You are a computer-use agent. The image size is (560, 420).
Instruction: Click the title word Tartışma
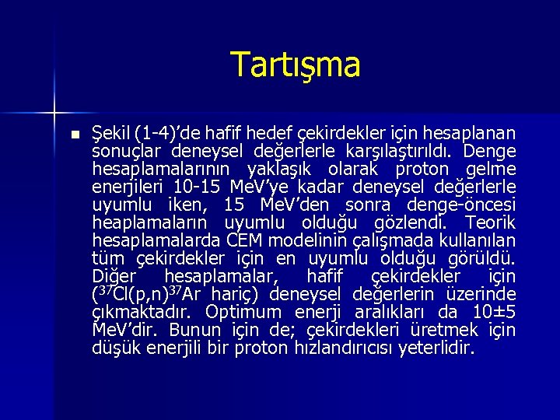coord(296,65)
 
